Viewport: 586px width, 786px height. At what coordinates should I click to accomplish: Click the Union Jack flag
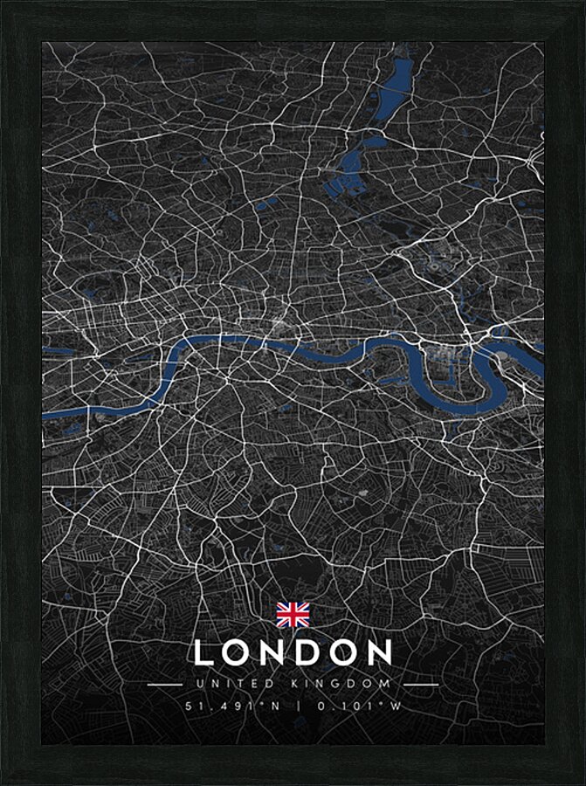(293, 615)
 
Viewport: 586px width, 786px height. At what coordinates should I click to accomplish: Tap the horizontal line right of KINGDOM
(421, 685)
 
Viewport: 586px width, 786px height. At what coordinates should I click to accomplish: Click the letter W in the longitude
(396, 706)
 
